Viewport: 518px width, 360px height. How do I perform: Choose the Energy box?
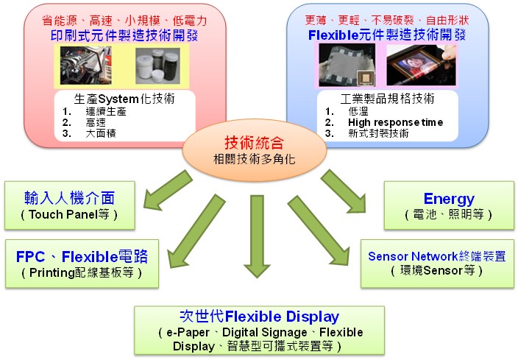pyautogui.click(x=449, y=205)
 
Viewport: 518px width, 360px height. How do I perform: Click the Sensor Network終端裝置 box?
pyautogui.click(x=436, y=262)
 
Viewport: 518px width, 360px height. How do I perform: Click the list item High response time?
pyautogui.click(x=395, y=122)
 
